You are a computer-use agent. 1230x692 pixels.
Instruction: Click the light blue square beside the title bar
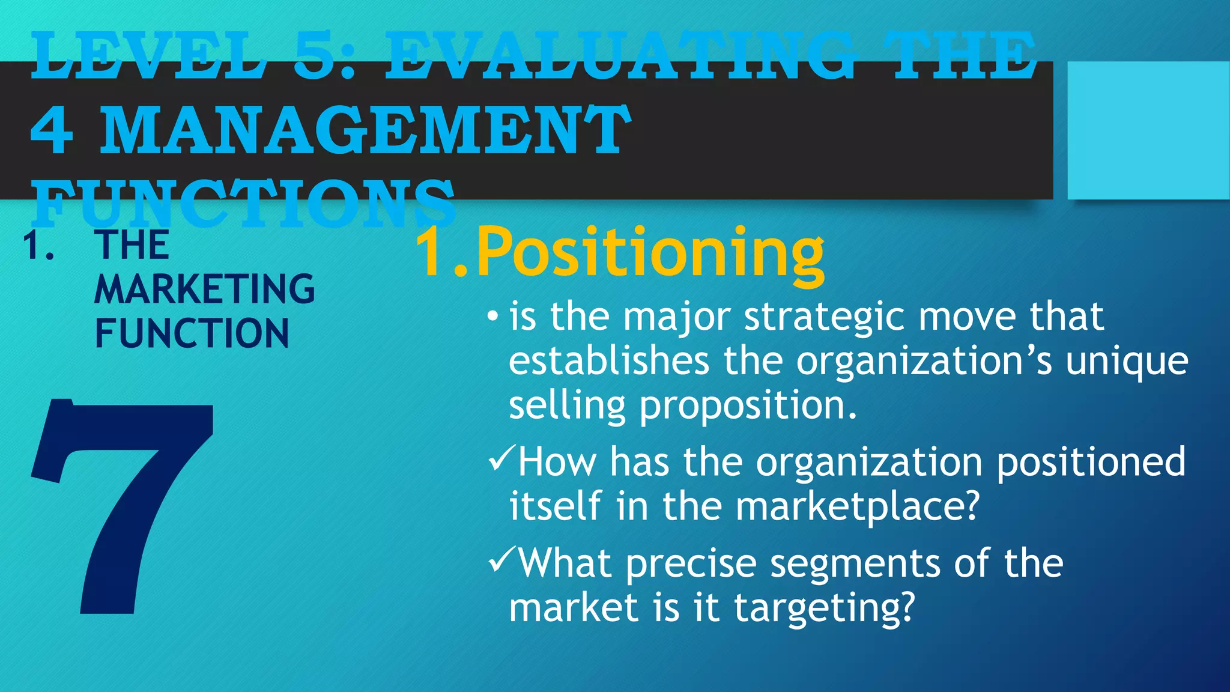pos(1148,130)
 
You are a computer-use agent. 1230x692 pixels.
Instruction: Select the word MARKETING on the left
pos(205,290)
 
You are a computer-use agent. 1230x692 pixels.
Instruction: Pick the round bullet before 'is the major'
pos(492,316)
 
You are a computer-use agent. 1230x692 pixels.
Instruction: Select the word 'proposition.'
pos(748,406)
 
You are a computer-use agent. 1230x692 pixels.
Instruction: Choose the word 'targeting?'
pos(824,609)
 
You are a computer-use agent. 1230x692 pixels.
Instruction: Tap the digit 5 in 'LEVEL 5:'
pos(318,57)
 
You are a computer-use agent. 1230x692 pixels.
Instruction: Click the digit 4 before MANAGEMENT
pos(52,130)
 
